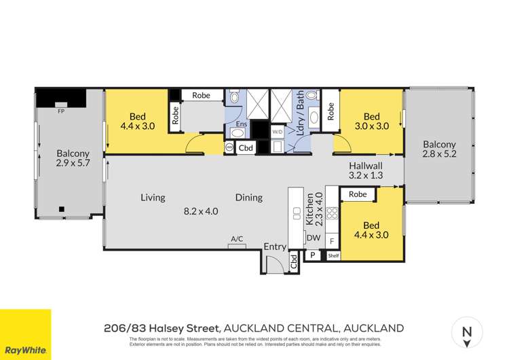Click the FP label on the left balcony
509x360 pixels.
click(60, 111)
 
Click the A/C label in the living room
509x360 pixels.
click(237, 239)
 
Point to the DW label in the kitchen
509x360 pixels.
click(314, 238)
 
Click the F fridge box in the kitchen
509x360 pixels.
click(332, 240)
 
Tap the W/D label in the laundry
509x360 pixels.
click(277, 131)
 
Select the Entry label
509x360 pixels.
click(275, 247)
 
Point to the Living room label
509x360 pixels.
click(153, 198)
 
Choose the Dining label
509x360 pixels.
click(249, 198)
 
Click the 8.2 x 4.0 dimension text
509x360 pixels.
click(201, 211)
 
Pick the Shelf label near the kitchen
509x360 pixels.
click(333, 255)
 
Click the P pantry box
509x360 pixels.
click(314, 255)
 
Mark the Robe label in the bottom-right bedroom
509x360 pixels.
click(358, 194)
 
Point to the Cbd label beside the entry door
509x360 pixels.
click(294, 262)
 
